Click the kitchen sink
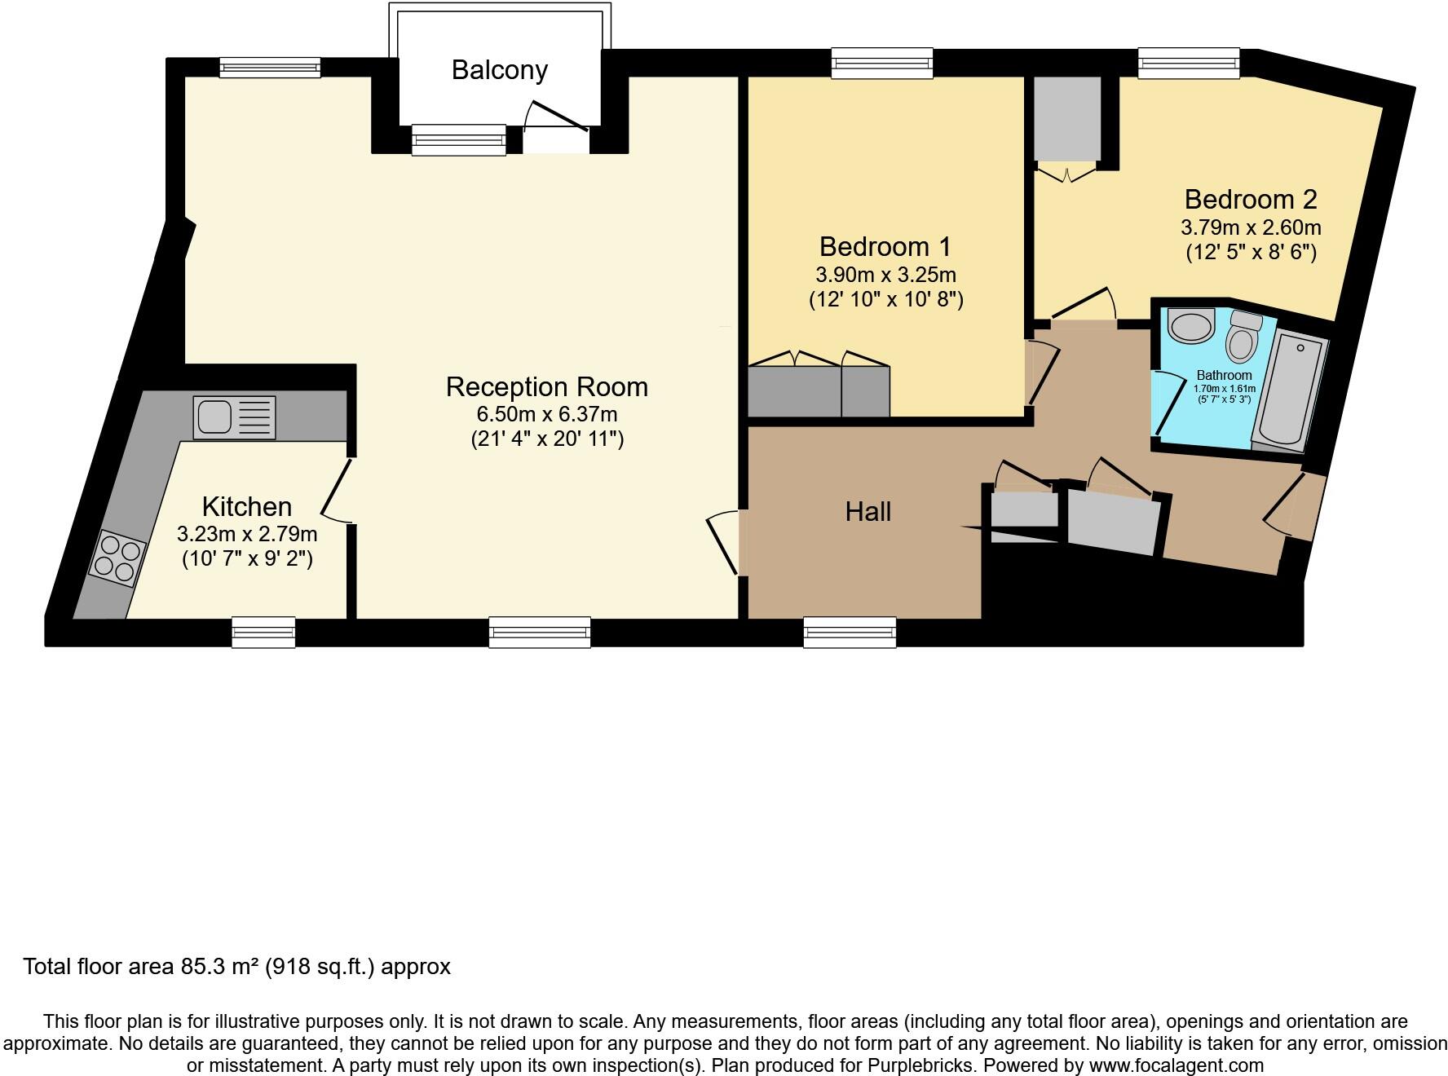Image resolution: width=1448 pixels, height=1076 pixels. click(234, 417)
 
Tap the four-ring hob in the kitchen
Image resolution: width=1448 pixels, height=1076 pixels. click(117, 556)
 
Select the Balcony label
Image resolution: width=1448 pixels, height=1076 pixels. click(499, 70)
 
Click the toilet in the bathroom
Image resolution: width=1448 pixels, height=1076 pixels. click(1242, 337)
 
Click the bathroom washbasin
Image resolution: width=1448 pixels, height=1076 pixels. click(1190, 327)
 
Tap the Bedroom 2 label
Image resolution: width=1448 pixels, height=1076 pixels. click(1250, 199)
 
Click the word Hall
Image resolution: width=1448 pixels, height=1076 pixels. click(867, 512)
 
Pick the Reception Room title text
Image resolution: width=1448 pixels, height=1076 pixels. click(546, 386)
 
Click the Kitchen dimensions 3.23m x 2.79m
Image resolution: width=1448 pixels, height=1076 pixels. click(246, 535)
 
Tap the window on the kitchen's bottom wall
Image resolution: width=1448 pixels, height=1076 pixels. click(263, 633)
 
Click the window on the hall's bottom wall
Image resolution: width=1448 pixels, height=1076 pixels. click(849, 633)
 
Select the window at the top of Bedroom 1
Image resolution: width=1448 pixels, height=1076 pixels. click(881, 63)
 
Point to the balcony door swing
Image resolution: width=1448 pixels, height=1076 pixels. click(554, 119)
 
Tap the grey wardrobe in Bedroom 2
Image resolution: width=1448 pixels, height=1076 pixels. click(1066, 119)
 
